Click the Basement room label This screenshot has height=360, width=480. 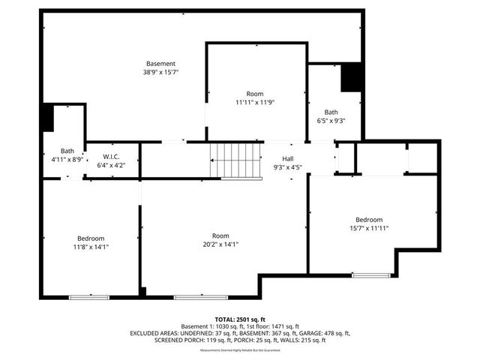click(160, 64)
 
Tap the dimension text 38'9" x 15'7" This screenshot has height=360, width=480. click(160, 73)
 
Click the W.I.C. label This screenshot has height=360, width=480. click(112, 157)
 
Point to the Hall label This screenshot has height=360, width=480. click(287, 158)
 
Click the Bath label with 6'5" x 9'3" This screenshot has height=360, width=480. click(331, 112)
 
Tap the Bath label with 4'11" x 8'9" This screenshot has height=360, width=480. click(67, 151)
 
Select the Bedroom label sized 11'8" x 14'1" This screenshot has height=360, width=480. click(91, 238)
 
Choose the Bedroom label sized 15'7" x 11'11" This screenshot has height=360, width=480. click(368, 220)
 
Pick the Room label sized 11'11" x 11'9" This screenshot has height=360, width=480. click(255, 94)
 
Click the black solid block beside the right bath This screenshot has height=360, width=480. click(352, 78)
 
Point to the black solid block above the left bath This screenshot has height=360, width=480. click(48, 117)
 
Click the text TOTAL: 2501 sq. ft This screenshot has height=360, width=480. click(240, 319)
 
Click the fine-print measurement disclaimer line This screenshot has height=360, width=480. click(240, 349)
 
